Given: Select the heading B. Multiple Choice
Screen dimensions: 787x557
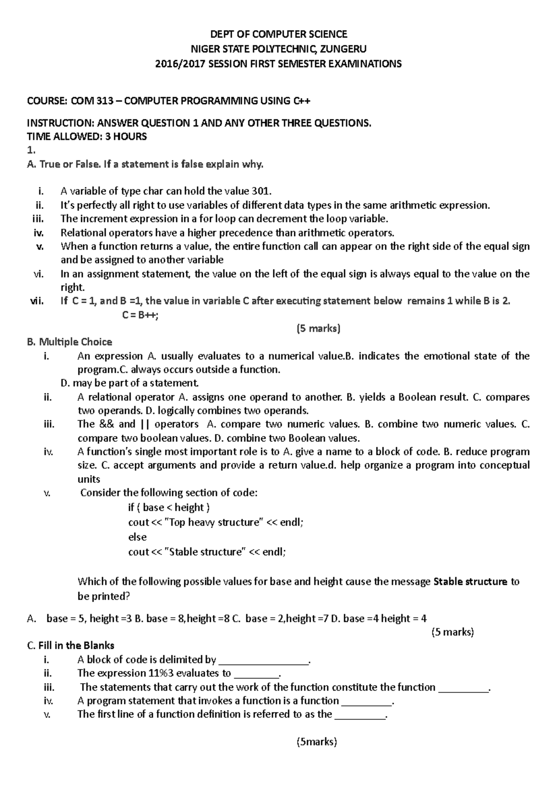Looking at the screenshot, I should pyautogui.click(x=70, y=342).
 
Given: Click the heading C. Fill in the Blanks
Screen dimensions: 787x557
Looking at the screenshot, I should pyautogui.click(x=71, y=645).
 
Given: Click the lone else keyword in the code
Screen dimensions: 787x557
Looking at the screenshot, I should pyautogui.click(x=137, y=537).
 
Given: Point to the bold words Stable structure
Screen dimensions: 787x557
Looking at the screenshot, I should pyautogui.click(x=470, y=581).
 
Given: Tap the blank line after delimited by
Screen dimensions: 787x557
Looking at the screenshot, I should pyautogui.click(x=263, y=660).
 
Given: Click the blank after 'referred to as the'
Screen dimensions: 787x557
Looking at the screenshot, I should pyautogui.click(x=360, y=715).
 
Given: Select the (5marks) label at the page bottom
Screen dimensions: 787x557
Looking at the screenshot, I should pyautogui.click(x=317, y=742).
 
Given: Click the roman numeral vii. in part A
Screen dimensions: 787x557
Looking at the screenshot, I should pyautogui.click(x=37, y=301).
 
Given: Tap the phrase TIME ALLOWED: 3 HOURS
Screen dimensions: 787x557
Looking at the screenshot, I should pyautogui.click(x=87, y=136).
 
